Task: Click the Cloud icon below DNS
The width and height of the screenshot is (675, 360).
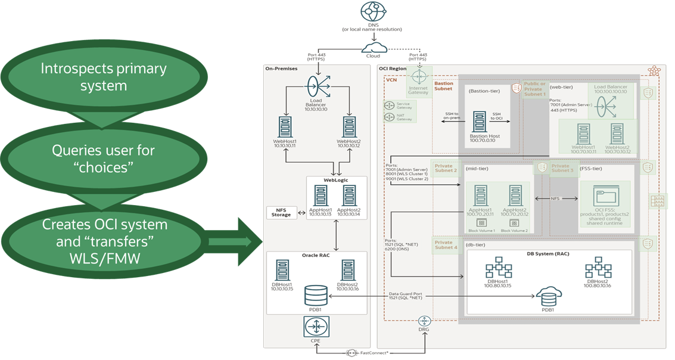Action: tap(373, 48)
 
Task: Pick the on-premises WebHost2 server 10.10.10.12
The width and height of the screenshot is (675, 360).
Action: tap(349, 126)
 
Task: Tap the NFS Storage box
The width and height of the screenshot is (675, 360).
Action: tap(282, 212)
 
